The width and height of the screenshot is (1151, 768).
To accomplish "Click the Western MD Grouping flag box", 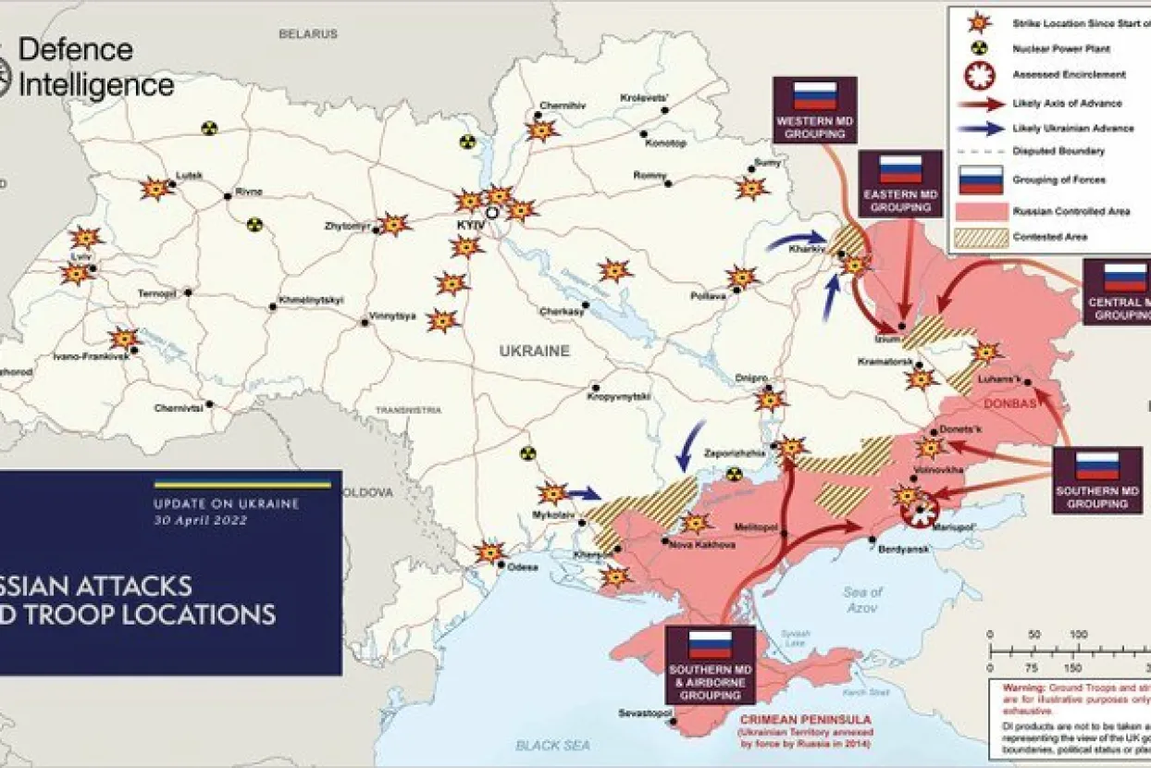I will tap(813, 110).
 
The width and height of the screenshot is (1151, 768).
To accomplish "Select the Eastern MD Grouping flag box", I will tap(900, 183).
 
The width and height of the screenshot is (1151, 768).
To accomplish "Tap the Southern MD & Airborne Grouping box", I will tap(710, 664).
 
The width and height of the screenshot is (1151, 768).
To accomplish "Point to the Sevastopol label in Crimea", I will tap(645, 713).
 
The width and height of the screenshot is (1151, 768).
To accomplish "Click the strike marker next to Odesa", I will tap(489, 552).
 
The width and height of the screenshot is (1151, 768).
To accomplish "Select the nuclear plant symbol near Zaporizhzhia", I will tap(734, 474).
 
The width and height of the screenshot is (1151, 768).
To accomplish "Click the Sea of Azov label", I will tap(862, 600).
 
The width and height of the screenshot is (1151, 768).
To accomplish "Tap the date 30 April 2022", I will tap(201, 520).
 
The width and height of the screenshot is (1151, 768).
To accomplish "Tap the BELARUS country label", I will tap(308, 33).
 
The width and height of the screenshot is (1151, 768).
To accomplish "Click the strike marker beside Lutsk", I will tap(156, 189).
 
